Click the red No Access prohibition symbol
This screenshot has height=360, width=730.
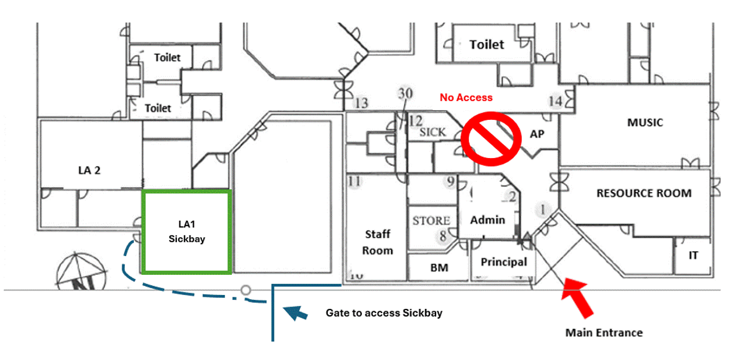pos(491,137)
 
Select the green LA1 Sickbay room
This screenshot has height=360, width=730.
pos(186,232)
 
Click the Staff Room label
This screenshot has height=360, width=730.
pos(378,242)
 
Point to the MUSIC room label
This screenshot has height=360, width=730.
pos(645,122)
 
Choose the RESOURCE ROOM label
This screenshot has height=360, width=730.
pos(644,193)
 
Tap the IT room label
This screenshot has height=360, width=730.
pos(693,255)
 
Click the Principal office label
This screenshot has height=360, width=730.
pos(504,262)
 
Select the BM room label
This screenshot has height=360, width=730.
pos(439,268)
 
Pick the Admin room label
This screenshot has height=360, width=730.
pos(488,220)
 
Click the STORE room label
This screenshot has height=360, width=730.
pos(431,220)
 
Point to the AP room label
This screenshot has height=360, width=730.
pos(537,134)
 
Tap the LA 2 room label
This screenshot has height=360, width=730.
pos(89,170)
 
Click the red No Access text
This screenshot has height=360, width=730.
pos(466,97)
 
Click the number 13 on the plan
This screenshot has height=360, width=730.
pos(361,103)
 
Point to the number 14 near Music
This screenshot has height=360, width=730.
pos(555,102)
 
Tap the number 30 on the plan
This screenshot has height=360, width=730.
pos(405,94)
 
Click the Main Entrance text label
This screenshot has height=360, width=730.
pos(603,333)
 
